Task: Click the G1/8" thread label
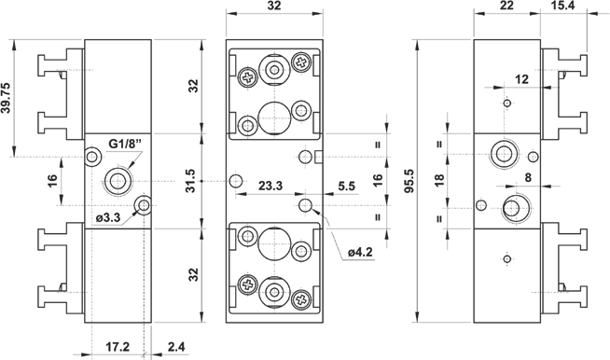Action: [x=125, y=144]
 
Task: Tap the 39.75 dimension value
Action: [x=6, y=98]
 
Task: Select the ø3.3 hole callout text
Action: [x=108, y=218]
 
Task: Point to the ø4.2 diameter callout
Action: [x=360, y=252]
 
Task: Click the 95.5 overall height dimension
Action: [x=410, y=181]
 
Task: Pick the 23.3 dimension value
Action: [x=270, y=186]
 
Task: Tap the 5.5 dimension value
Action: [x=346, y=186]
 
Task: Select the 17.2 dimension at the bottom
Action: [x=118, y=346]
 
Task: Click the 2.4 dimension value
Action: [x=176, y=346]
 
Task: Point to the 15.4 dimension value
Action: [x=562, y=5]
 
